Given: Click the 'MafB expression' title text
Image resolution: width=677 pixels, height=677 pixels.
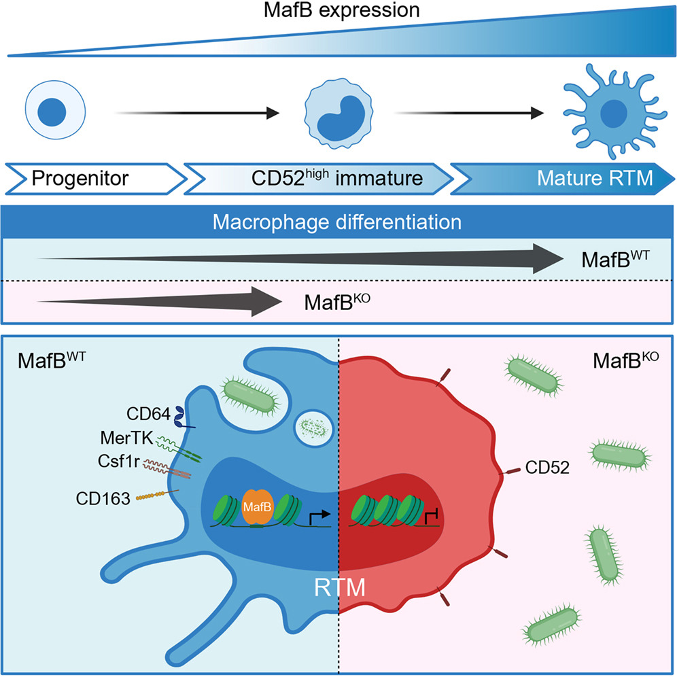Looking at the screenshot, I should (338, 12).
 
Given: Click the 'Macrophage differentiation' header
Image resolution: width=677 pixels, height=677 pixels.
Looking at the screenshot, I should (338, 222).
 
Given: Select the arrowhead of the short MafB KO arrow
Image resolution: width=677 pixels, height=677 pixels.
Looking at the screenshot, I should (268, 300).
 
